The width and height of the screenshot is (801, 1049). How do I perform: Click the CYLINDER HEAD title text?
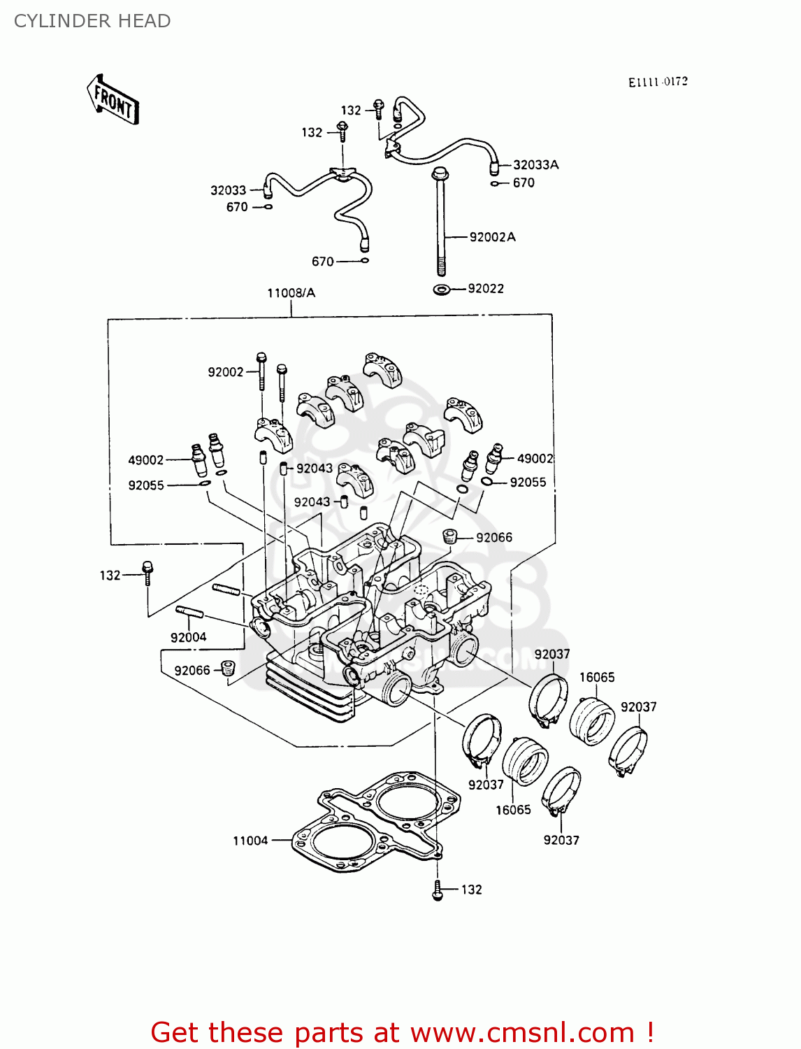tap(92, 21)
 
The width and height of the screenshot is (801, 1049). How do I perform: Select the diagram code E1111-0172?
tap(658, 82)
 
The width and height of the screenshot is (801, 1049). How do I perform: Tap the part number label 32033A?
tap(535, 165)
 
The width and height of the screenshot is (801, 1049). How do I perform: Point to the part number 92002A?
tap(492, 237)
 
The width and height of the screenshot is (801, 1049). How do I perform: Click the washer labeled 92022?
tap(442, 289)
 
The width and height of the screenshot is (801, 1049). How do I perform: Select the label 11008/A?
tap(291, 293)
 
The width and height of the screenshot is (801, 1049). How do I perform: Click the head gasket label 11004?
tap(250, 841)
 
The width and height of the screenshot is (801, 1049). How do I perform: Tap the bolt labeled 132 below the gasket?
tap(438, 890)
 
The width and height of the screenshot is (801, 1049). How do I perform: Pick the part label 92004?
tap(188, 637)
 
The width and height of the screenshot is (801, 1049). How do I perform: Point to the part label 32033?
tap(228, 190)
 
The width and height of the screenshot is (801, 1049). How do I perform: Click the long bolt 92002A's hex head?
tap(440, 173)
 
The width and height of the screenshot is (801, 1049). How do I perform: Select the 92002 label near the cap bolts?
tap(225, 372)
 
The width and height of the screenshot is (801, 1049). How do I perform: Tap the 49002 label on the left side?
tap(145, 460)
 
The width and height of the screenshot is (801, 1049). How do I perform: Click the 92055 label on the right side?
tap(528, 483)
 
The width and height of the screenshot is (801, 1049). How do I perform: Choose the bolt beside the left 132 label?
tap(147, 572)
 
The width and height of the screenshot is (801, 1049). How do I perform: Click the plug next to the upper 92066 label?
tap(450, 537)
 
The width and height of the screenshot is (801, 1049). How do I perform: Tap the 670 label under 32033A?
tap(524, 183)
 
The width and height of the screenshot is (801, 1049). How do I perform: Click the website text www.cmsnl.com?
tap(522, 1032)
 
